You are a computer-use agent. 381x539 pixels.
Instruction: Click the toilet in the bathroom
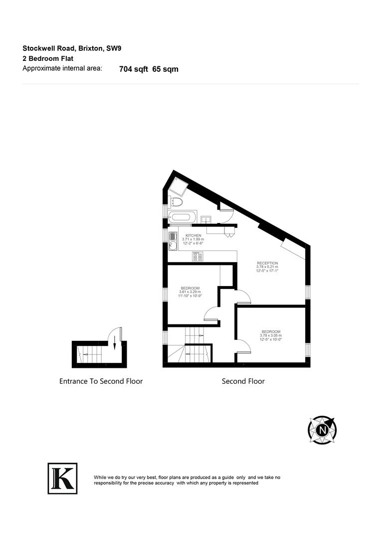tap(176, 202)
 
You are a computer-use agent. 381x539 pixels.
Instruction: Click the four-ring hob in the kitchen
tap(197, 257)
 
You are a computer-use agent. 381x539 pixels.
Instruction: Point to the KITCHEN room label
tap(193, 235)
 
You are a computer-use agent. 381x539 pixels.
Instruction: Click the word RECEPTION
tap(267, 263)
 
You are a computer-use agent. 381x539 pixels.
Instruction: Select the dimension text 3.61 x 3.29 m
tap(190, 292)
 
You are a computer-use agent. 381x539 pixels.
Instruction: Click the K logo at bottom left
tap(62, 478)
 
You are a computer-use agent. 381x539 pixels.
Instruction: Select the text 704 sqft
tap(134, 69)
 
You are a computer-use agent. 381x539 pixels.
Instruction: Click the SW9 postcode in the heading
tap(114, 48)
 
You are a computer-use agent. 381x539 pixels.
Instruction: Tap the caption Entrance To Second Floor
tap(101, 381)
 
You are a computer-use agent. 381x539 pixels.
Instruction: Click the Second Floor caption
tap(243, 381)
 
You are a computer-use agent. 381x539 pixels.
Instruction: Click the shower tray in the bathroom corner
tap(178, 187)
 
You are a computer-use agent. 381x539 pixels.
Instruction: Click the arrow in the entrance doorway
tap(114, 342)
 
